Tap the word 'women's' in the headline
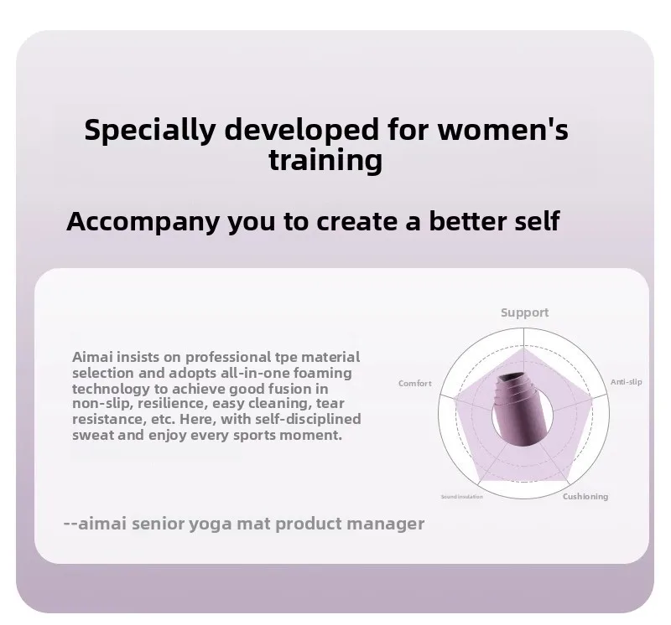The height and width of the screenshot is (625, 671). pos(502,130)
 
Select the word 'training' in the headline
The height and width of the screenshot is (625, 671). pos(325,161)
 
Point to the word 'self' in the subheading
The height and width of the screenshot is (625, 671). pos(537,220)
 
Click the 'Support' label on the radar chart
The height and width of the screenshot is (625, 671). pos(525,313)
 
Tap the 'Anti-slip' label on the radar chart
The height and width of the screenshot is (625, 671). pos(626,382)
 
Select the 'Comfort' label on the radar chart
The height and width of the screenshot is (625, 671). pos(415,383)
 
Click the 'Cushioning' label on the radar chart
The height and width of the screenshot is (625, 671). pos(585,496)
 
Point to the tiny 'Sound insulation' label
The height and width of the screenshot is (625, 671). pos(462,496)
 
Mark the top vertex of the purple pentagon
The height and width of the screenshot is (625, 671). pos(523,347)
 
